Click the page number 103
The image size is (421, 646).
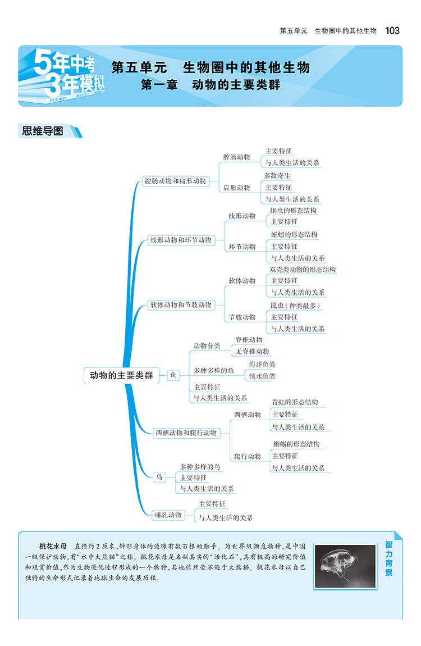pyautogui.click(x=392, y=30)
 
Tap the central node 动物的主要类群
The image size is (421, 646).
pyautogui.click(x=121, y=375)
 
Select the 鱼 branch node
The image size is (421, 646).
pyautogui.click(x=173, y=375)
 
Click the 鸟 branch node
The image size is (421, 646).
pyautogui.click(x=159, y=477)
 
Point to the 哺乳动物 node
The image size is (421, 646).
pyautogui.click(x=168, y=515)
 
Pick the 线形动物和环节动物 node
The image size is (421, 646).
pyautogui.click(x=180, y=240)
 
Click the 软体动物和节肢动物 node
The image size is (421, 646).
pyautogui.click(x=180, y=305)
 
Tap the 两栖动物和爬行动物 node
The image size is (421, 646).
pyautogui.click(x=185, y=433)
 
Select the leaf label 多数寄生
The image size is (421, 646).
pyautogui.click(x=278, y=175)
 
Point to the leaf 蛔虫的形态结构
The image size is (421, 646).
pyautogui.click(x=293, y=211)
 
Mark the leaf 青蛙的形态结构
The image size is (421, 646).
pyautogui.click(x=295, y=402)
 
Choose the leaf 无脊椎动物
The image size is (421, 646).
pyautogui.click(x=252, y=352)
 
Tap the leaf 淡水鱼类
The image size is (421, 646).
pyautogui.click(x=262, y=376)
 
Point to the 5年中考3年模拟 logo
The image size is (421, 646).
pyautogui.click(x=61, y=75)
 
